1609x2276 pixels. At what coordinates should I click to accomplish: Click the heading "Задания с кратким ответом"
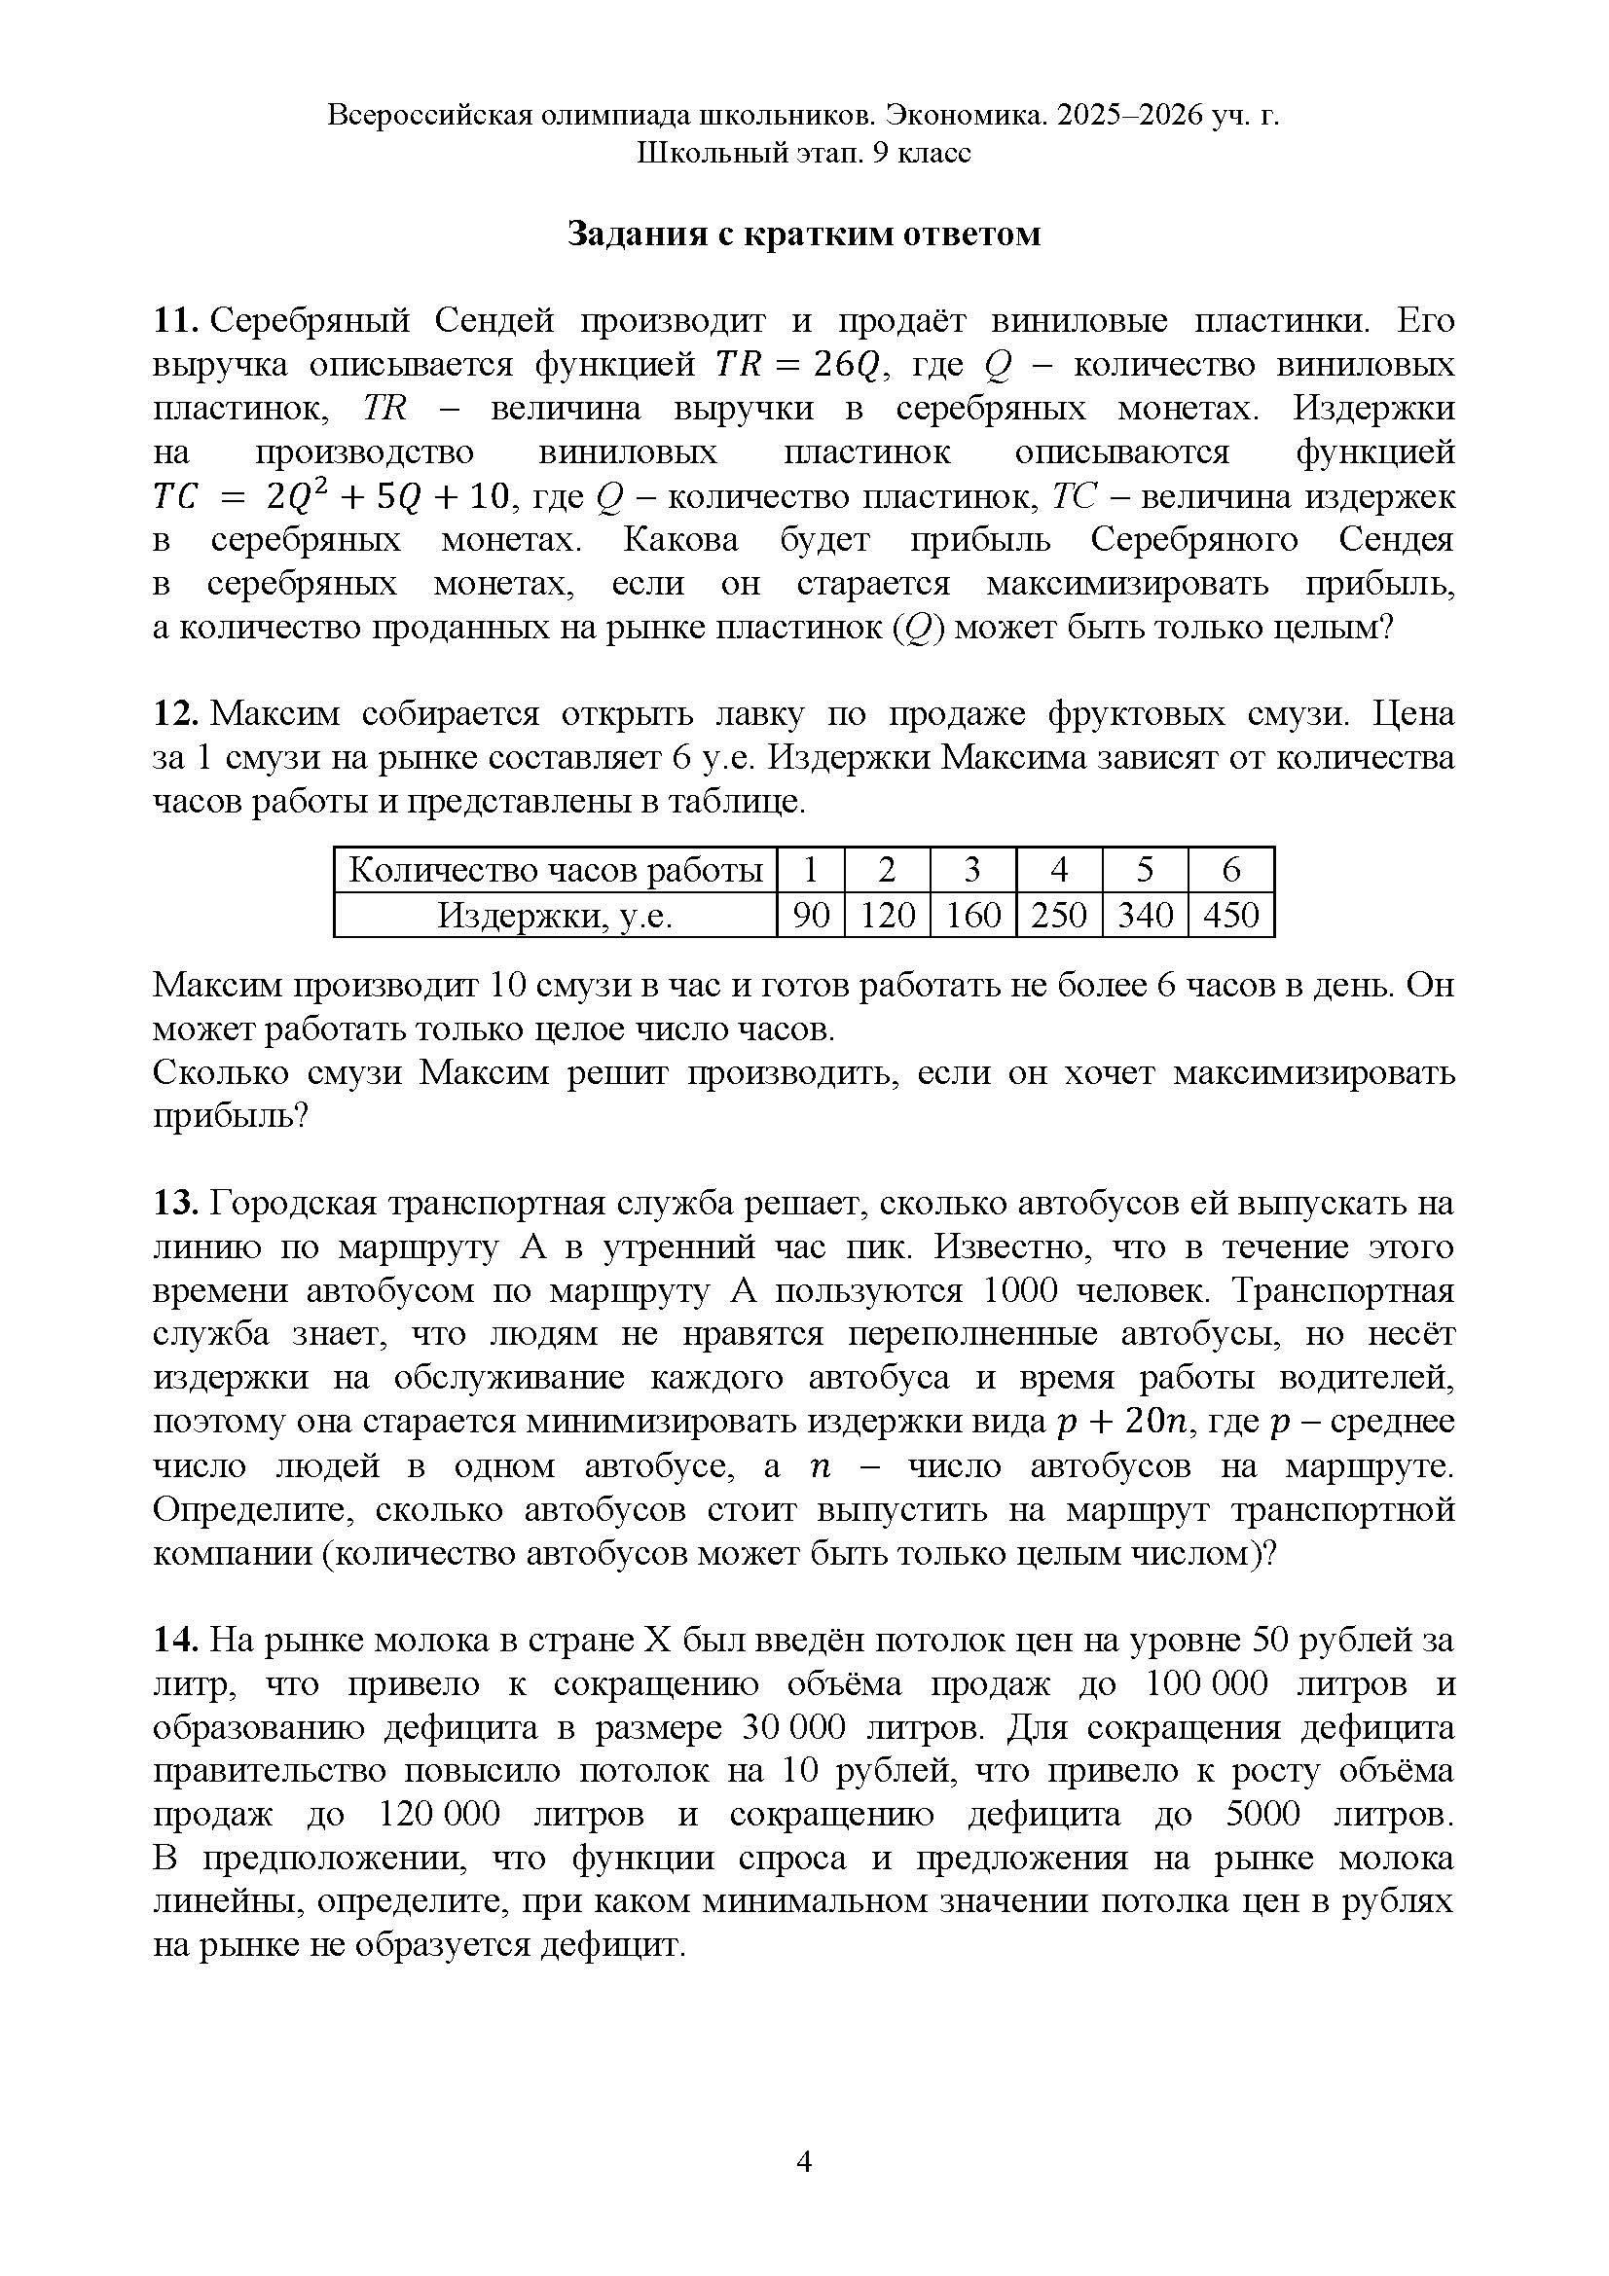click(804, 234)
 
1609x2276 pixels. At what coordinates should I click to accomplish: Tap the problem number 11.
click(176, 321)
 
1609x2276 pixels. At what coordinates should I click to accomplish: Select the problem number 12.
click(176, 713)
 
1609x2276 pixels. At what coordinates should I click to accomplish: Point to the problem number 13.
click(176, 1204)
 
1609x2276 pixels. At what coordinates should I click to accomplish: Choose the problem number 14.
click(176, 1640)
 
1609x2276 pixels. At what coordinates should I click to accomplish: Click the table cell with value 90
click(810, 914)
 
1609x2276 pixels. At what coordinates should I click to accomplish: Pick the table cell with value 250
click(1059, 914)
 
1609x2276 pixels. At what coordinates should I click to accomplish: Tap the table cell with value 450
click(1230, 914)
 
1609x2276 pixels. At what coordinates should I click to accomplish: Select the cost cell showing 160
click(972, 914)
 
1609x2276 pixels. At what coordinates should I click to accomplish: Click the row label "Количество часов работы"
click(555, 870)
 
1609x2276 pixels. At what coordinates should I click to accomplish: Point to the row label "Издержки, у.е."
click(555, 914)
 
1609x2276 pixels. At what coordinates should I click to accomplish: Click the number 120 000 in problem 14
click(439, 1814)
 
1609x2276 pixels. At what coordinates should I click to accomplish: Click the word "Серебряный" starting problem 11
click(311, 321)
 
